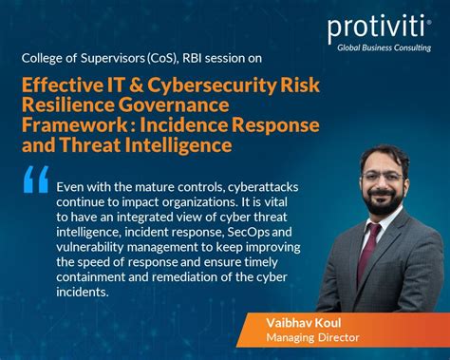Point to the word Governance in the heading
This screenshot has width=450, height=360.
pos(178,105)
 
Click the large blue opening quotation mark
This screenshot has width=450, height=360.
pos(35,180)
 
